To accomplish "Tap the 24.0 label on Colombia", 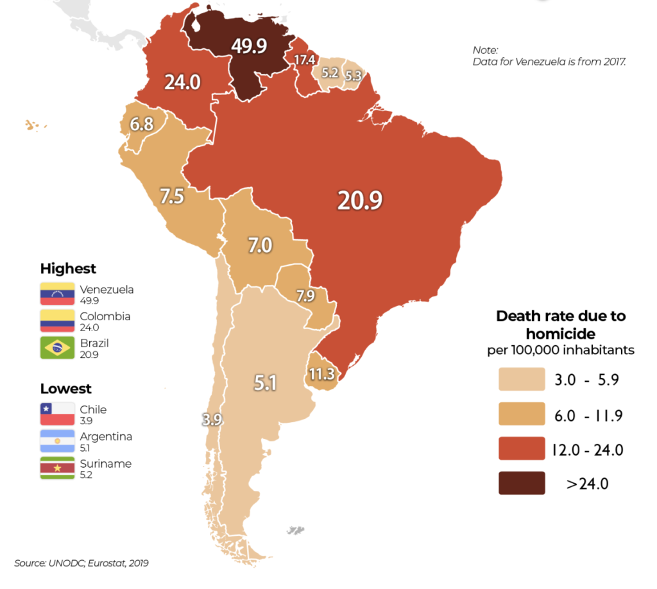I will [x=182, y=82].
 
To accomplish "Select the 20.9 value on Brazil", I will [x=360, y=200].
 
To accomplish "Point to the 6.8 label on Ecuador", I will [x=142, y=124].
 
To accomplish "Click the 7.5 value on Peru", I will [x=172, y=196].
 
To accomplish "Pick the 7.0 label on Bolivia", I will [x=260, y=245].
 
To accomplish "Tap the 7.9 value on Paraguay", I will [x=305, y=296].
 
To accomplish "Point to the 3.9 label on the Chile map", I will [x=212, y=420].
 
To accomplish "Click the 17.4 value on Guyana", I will [x=304, y=60].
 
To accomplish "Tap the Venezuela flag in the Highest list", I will [x=56, y=294].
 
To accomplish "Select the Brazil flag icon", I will [x=56, y=348].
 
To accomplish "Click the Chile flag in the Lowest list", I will [x=56, y=414].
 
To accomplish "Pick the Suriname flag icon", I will [x=56, y=468].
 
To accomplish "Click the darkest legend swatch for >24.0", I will [x=522, y=483].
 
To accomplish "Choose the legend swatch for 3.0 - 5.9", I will [x=522, y=380].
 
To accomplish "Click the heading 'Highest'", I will [x=68, y=268].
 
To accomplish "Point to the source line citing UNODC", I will [x=81, y=563].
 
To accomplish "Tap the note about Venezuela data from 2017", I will [x=549, y=56].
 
